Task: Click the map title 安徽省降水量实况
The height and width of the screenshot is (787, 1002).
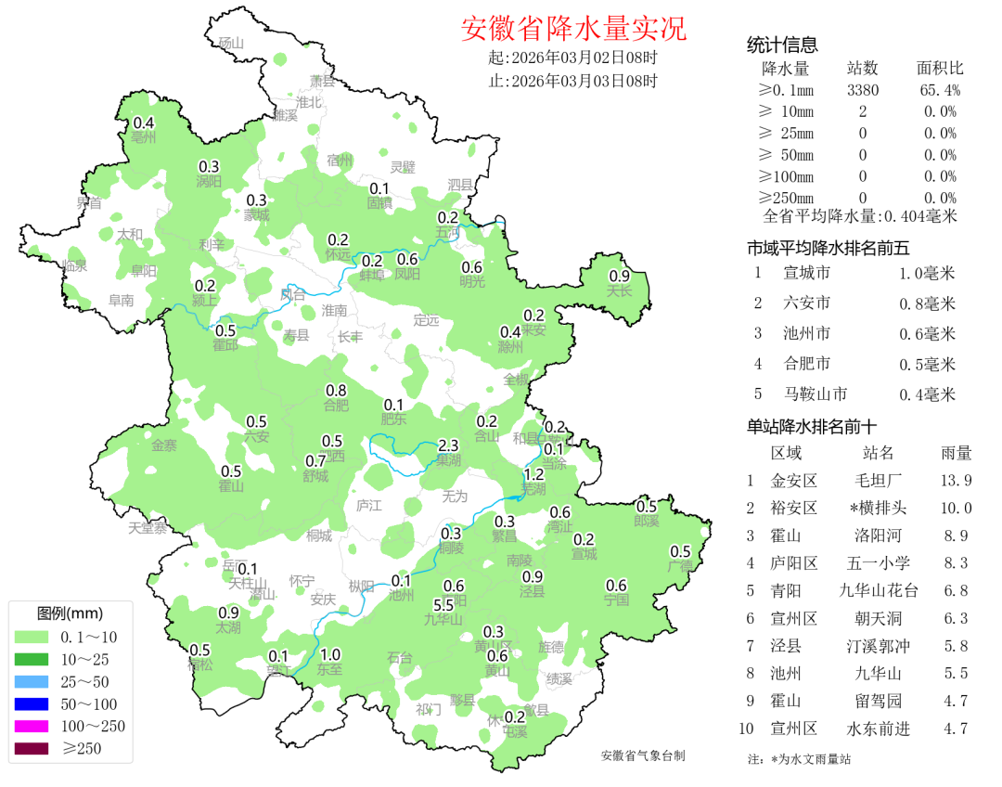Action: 573,29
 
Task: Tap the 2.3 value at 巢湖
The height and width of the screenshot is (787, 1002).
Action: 448,445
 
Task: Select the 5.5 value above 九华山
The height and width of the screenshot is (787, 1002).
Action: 443,605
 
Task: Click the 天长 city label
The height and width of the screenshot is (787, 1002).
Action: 619,290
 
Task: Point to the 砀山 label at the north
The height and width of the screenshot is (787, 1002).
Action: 230,43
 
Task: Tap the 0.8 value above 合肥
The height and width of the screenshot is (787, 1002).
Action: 336,390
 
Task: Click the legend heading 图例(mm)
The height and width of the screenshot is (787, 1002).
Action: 70,613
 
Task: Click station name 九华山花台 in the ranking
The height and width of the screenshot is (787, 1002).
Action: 878,590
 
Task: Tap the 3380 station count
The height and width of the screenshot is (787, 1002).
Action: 863,90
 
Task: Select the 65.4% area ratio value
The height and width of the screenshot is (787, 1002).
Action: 940,90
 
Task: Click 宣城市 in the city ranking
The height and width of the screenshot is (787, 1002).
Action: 806,273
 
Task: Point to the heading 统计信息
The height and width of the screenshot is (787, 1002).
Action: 782,45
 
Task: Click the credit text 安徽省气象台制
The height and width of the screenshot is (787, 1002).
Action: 643,755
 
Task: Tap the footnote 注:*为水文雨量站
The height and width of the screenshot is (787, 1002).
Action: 799,759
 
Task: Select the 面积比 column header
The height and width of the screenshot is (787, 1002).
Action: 940,69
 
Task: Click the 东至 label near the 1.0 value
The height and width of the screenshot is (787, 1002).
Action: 329,668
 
